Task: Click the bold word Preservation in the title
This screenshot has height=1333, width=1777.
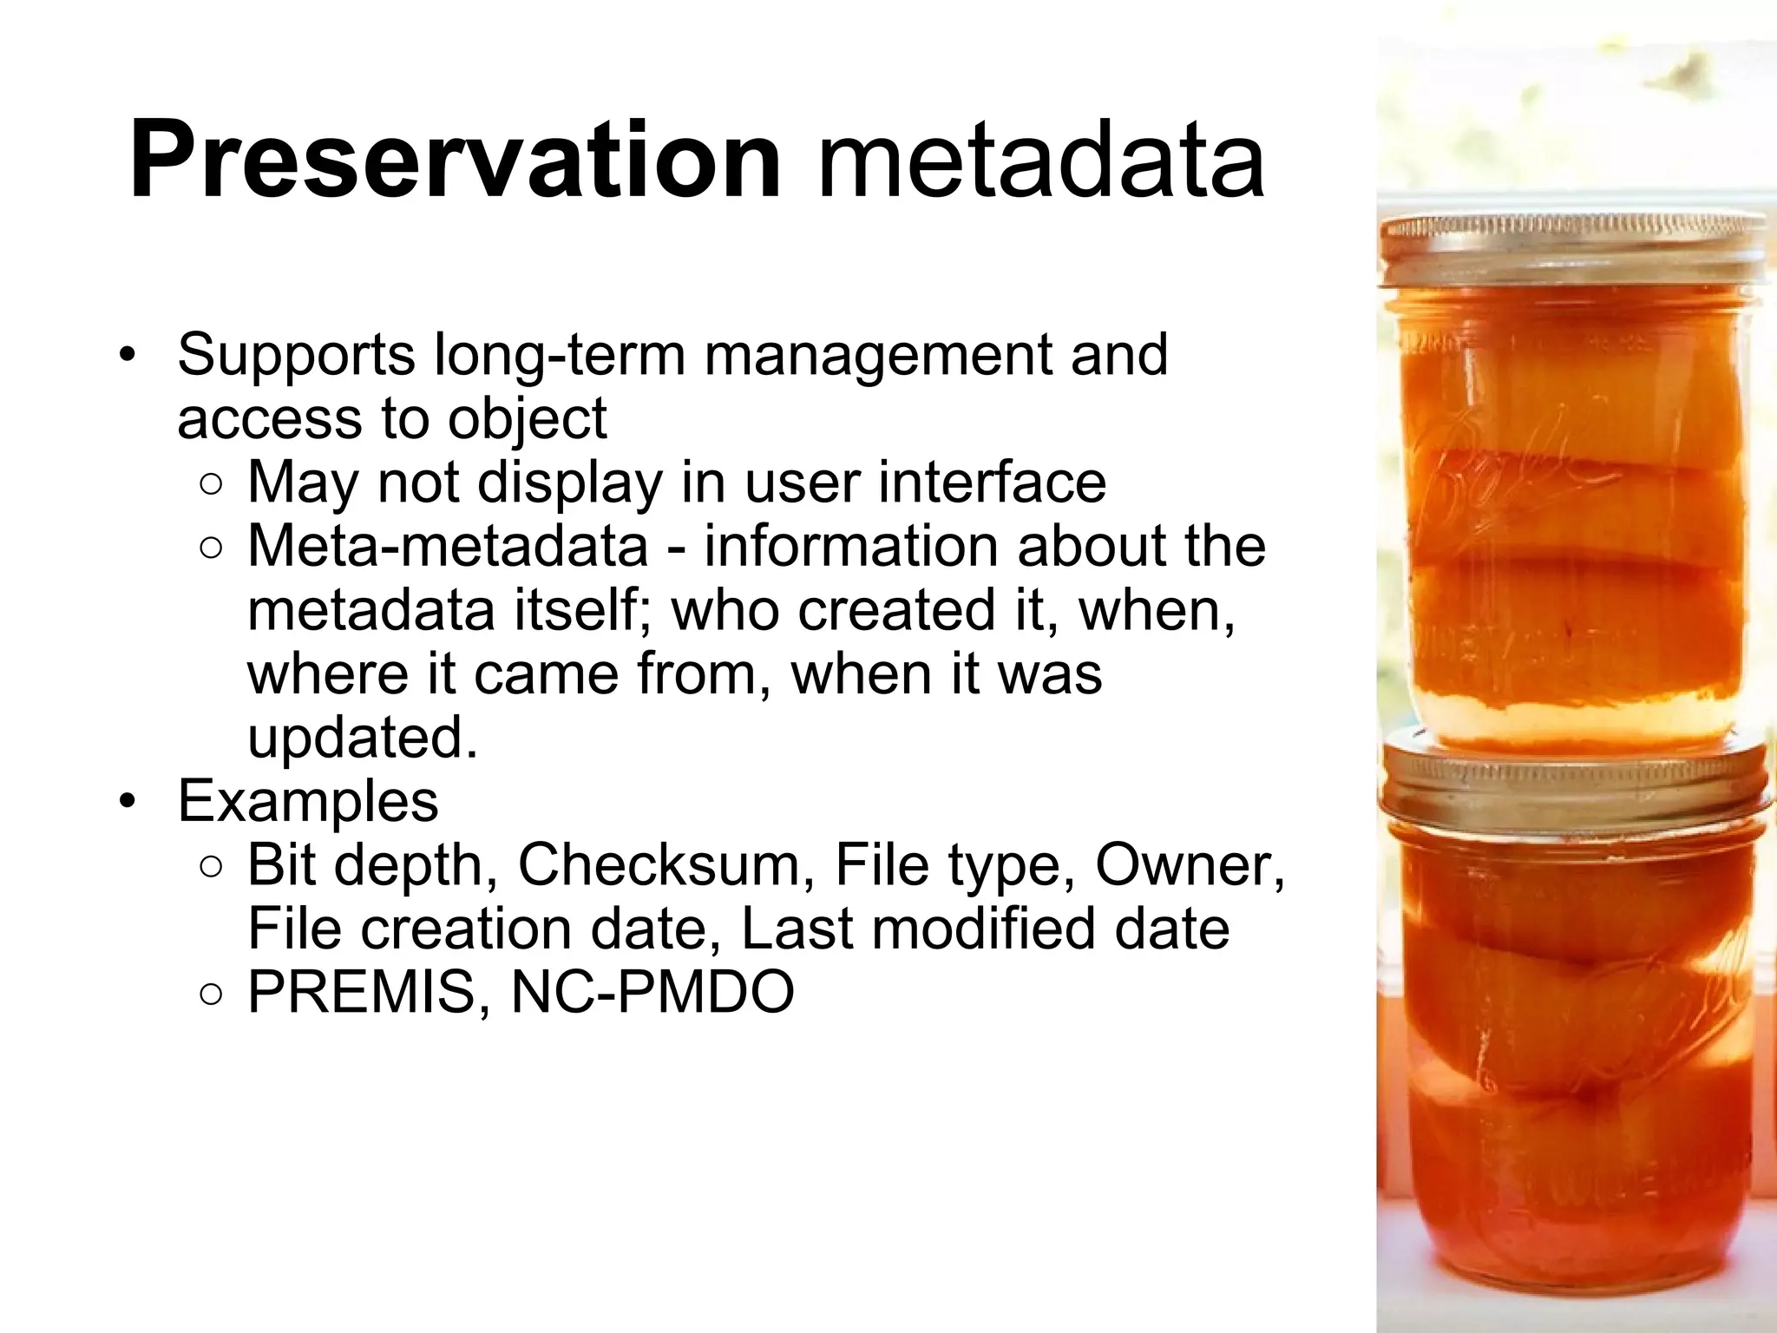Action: tap(455, 161)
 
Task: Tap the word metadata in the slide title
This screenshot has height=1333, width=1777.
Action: tap(1040, 161)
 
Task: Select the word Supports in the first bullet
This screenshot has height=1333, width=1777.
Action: tap(296, 355)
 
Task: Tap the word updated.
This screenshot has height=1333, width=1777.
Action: tap(362, 738)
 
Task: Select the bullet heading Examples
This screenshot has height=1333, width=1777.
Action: tap(308, 801)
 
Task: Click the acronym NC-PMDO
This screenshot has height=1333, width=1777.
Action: tap(652, 992)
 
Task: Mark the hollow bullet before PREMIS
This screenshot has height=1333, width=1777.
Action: tap(211, 995)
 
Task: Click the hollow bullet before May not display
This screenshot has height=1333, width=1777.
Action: tap(211, 484)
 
